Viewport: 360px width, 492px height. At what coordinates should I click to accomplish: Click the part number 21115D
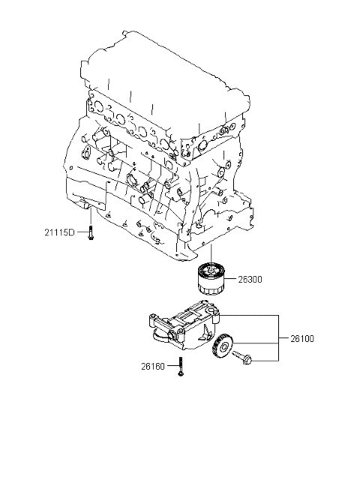point(59,232)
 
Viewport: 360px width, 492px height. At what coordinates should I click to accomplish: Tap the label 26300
point(250,279)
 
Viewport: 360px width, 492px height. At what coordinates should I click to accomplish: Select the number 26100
point(302,338)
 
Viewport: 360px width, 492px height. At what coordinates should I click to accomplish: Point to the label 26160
point(153,367)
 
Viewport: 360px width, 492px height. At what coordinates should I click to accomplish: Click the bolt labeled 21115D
point(91,233)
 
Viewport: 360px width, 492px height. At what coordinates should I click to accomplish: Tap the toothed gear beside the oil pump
point(223,346)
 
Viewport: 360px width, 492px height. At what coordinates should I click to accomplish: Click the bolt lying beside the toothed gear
point(242,358)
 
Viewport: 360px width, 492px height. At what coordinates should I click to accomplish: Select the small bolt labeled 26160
point(181,366)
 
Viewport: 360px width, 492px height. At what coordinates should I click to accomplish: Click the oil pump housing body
point(185,326)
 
